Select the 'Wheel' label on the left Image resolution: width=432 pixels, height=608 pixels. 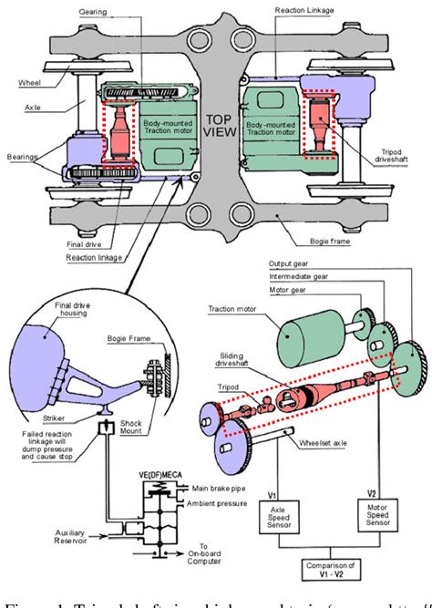(29, 82)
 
